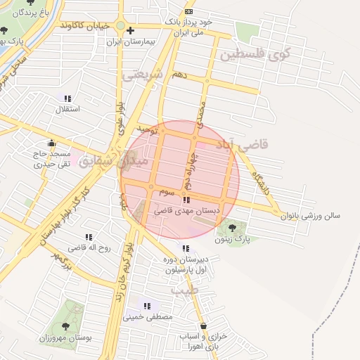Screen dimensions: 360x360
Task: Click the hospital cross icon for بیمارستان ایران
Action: point(130,30)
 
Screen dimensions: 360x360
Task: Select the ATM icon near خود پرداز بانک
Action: point(188,12)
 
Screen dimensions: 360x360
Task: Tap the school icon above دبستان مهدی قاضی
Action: point(186,200)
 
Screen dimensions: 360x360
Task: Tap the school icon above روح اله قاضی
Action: point(89,238)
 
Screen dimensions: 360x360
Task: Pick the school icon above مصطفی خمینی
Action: point(147,306)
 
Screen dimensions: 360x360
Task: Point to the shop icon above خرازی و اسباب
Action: point(204,326)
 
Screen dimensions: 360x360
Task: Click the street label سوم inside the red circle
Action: point(167,191)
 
